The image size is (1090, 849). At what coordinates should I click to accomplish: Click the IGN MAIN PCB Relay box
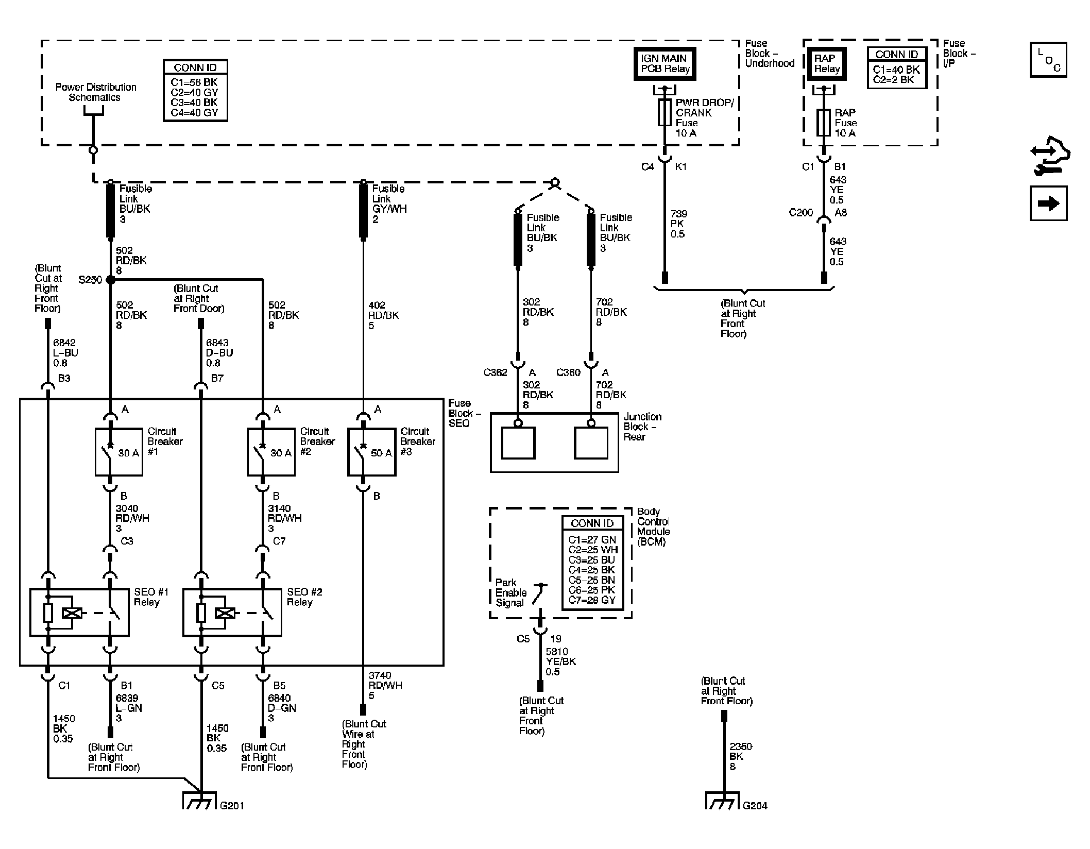tap(665, 64)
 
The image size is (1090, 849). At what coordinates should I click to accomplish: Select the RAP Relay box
tap(826, 64)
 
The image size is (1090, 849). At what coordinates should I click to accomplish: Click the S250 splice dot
tap(110, 280)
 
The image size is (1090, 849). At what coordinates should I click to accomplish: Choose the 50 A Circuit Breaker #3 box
tap(372, 452)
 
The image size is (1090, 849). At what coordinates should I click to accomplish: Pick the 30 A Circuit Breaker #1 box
tap(119, 452)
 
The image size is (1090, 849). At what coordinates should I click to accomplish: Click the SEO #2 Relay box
tap(232, 613)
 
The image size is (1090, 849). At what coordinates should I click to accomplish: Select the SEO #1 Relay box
tap(79, 613)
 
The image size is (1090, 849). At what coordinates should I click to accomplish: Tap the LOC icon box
tap(1048, 60)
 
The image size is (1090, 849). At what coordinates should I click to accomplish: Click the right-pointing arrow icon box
tap(1048, 203)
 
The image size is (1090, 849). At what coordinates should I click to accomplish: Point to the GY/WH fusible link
tap(363, 211)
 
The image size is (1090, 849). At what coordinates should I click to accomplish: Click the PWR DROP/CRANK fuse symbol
tap(665, 113)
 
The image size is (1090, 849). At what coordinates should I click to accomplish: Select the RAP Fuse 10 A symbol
tap(824, 123)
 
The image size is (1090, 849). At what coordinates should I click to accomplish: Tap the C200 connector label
tap(801, 212)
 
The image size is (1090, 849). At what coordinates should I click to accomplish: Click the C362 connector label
tap(495, 372)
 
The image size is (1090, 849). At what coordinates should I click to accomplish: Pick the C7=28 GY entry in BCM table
tap(592, 600)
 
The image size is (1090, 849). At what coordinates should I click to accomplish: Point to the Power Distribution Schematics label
tap(96, 92)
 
